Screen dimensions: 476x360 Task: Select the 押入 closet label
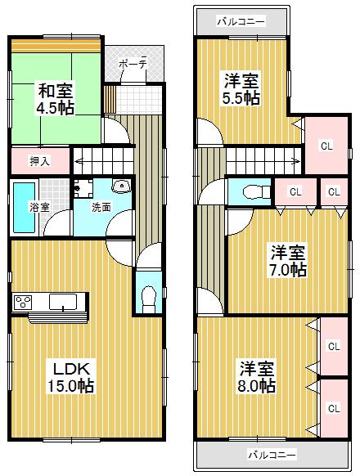[x=39, y=160]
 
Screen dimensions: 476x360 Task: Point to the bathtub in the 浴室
[x=22, y=207]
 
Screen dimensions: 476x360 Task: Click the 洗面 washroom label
[x=101, y=208]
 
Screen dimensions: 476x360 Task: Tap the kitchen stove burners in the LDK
[x=23, y=303]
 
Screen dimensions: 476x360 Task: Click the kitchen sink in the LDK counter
[x=62, y=302]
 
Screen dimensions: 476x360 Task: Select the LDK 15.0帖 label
[x=69, y=377]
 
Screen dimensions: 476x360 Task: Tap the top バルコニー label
[x=241, y=21]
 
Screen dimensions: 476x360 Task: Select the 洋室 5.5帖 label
[x=241, y=89]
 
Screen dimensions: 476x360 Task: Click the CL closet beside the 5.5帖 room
[x=326, y=146]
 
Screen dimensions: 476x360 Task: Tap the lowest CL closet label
[x=333, y=406]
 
